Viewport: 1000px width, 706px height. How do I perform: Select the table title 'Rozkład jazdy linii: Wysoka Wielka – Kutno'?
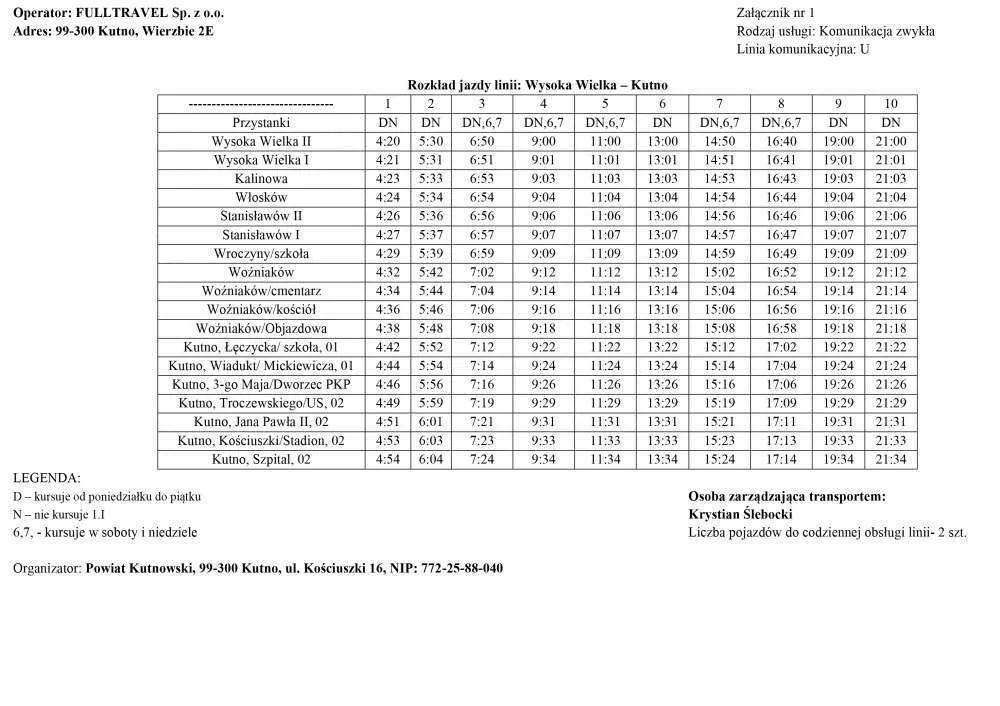click(537, 85)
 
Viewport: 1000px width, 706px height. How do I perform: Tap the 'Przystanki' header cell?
click(261, 122)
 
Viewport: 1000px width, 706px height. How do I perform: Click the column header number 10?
click(890, 103)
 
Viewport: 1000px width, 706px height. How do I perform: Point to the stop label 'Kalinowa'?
click(261, 178)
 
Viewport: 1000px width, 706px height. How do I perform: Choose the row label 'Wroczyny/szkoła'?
click(261, 253)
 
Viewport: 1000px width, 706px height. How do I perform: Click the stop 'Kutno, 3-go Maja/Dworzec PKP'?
click(261, 384)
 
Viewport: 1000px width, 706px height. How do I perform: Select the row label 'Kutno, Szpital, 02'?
click(261, 459)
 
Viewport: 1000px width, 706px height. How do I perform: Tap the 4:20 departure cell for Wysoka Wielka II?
click(388, 141)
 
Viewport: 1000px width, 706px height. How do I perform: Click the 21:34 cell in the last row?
click(890, 459)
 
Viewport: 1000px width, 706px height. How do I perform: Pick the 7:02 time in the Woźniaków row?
click(482, 272)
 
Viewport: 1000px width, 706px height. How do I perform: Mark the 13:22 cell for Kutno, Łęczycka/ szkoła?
click(662, 347)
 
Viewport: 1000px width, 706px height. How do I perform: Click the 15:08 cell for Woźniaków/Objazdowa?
click(720, 328)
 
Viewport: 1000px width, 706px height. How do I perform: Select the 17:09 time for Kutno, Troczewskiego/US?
click(781, 403)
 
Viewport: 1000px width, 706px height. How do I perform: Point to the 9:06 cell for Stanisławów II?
click(543, 216)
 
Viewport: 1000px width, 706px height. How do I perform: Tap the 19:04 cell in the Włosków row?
click(838, 197)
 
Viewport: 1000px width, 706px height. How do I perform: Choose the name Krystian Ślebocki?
click(741, 514)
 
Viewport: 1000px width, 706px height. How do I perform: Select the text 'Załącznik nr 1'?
click(776, 13)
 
